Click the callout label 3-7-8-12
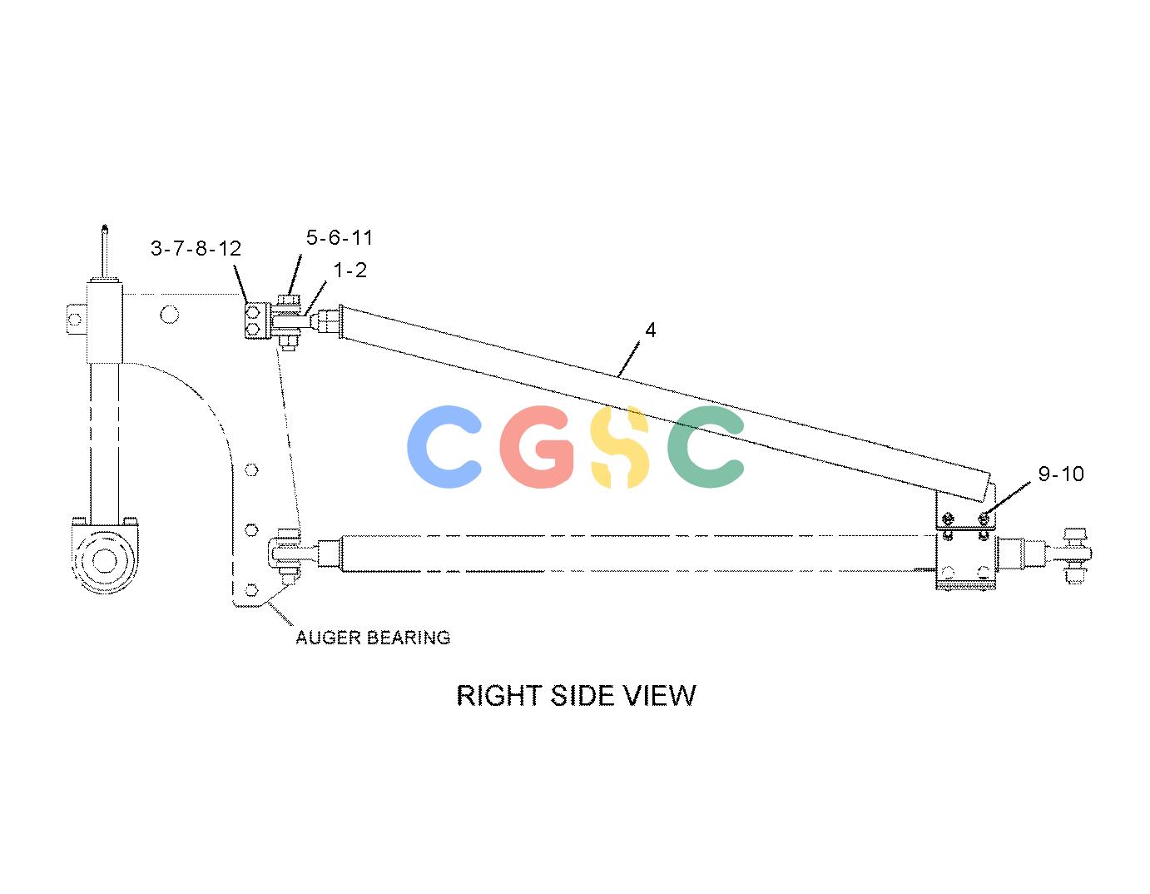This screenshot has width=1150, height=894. point(196,248)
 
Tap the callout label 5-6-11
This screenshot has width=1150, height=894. point(340,238)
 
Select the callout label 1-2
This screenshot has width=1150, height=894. point(349,270)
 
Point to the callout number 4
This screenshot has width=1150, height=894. point(651,330)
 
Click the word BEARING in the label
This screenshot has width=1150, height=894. point(408,638)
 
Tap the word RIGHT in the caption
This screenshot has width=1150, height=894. point(499,696)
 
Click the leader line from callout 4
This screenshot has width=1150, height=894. point(629,359)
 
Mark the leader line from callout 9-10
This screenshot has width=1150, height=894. point(1008,499)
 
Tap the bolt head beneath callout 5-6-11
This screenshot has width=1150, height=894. point(288,300)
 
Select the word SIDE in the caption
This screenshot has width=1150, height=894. point(583,696)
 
